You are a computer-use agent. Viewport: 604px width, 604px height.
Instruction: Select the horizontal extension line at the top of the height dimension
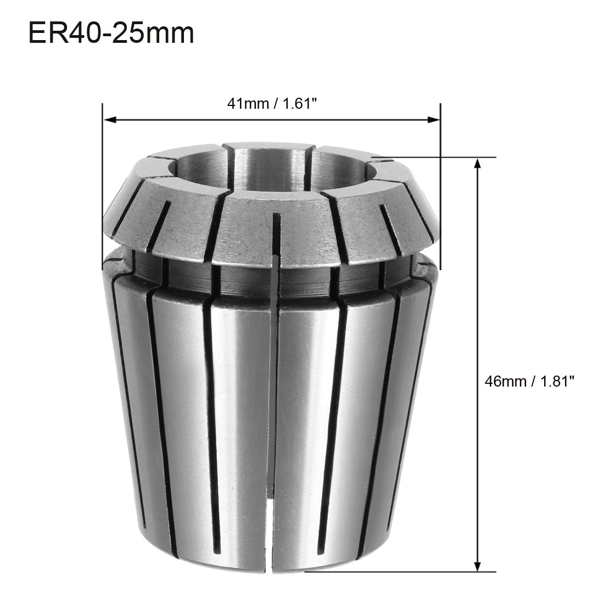434,158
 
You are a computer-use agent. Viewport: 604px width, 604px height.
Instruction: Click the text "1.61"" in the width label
300,104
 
